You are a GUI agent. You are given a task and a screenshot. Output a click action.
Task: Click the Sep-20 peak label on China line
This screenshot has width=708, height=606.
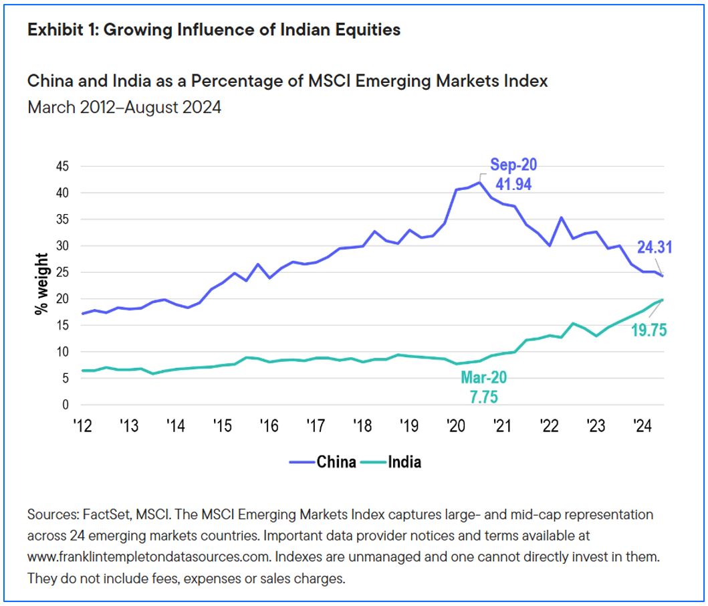[x=513, y=165]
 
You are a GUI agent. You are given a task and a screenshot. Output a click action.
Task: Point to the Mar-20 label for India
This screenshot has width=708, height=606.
[x=483, y=378]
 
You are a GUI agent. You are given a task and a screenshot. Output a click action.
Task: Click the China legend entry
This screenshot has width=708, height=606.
[x=323, y=462]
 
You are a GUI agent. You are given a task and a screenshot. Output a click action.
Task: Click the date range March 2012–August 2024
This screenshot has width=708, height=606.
[x=124, y=107]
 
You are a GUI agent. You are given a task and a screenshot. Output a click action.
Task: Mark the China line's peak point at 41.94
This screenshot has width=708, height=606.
[x=479, y=183]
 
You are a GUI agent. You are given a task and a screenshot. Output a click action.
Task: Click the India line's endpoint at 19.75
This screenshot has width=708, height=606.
[x=662, y=300]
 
